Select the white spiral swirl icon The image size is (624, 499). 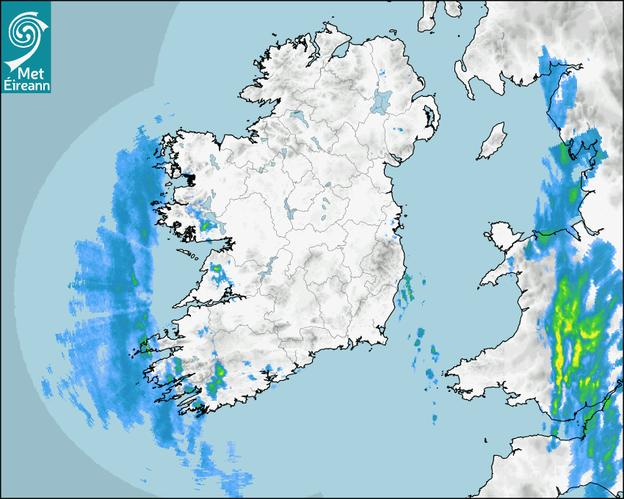[25, 31]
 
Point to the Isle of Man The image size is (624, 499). [492, 142]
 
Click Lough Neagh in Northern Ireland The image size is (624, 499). [382, 101]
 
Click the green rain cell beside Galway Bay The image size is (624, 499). [206, 227]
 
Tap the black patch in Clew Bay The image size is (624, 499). [189, 178]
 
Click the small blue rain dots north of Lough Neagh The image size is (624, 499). [382, 73]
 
